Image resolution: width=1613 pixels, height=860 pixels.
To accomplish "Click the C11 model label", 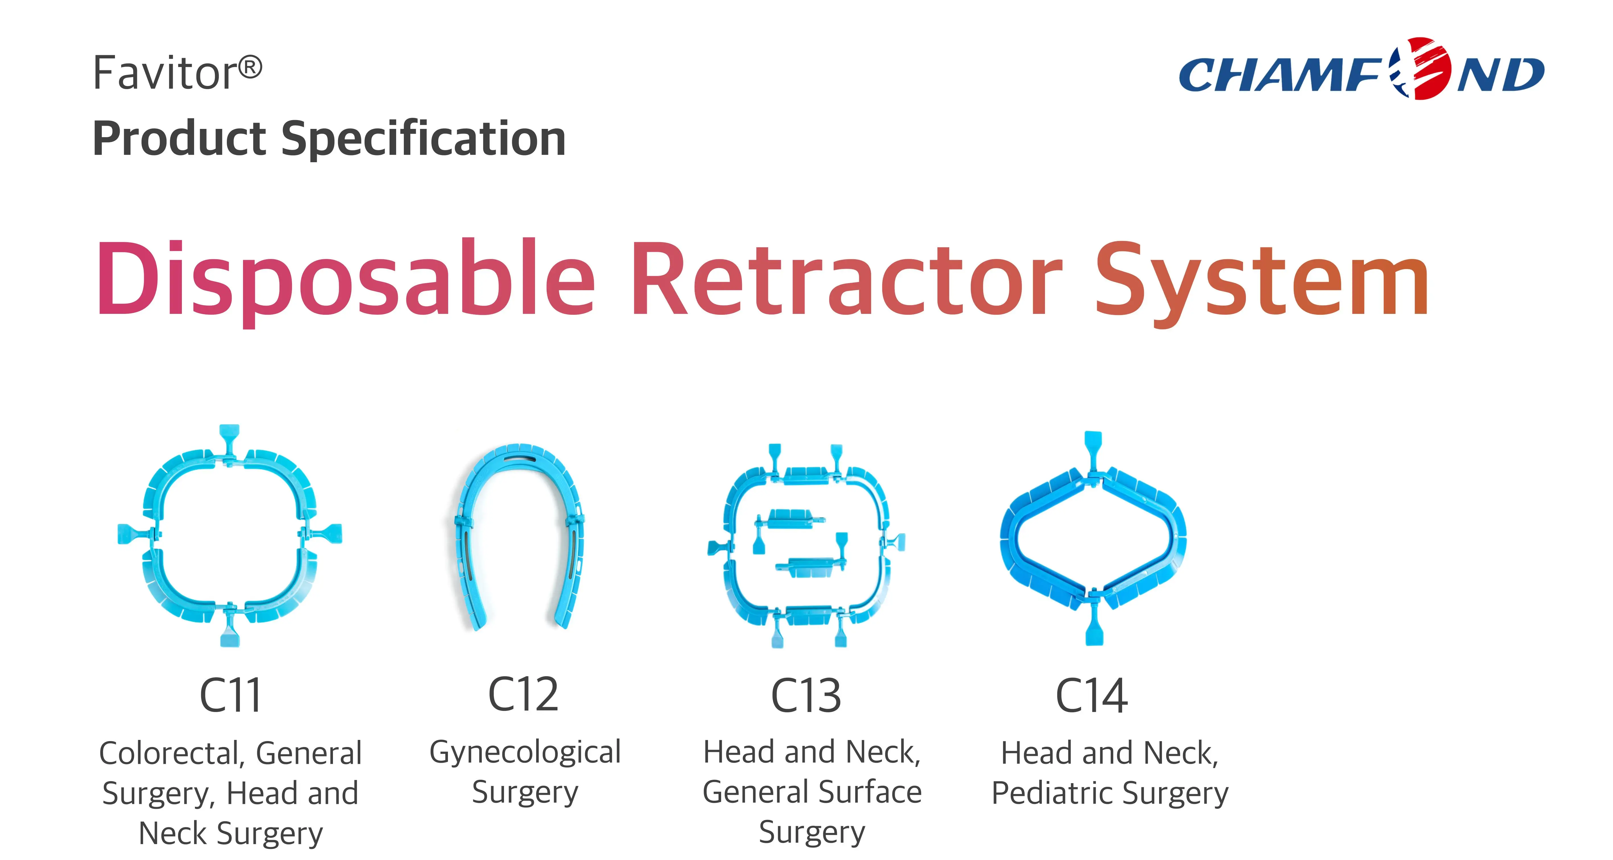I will [230, 695].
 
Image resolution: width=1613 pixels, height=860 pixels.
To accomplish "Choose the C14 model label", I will [1091, 695].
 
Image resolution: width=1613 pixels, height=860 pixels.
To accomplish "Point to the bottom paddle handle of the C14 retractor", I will [1093, 629].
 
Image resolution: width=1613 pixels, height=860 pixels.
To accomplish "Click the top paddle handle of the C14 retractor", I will [1093, 442].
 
